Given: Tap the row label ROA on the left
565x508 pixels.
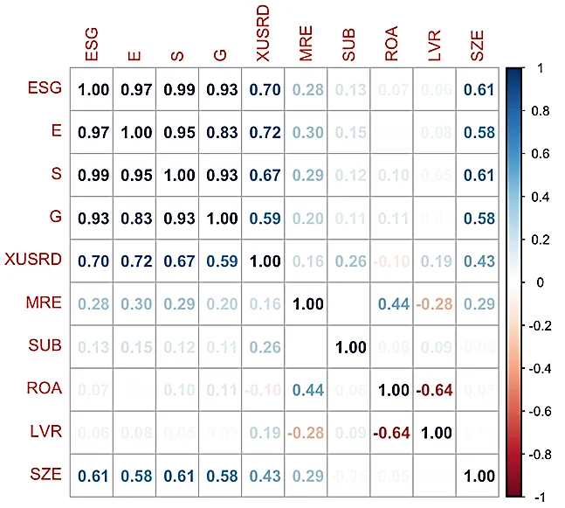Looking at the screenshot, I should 45,389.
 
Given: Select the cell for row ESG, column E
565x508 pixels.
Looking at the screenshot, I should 134,89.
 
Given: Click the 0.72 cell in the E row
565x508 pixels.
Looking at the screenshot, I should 263,132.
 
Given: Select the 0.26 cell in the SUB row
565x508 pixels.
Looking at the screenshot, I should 263,347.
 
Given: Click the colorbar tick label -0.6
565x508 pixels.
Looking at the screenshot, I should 541,410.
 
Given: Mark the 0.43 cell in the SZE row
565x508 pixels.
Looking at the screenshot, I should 263,476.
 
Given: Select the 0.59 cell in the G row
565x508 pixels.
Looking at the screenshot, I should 263,218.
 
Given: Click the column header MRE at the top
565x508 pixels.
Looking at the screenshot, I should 306,45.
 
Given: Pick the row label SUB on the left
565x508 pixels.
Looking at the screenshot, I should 45,346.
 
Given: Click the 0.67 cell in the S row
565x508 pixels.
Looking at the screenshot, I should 263,175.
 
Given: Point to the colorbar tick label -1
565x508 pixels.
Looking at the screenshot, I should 538,496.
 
